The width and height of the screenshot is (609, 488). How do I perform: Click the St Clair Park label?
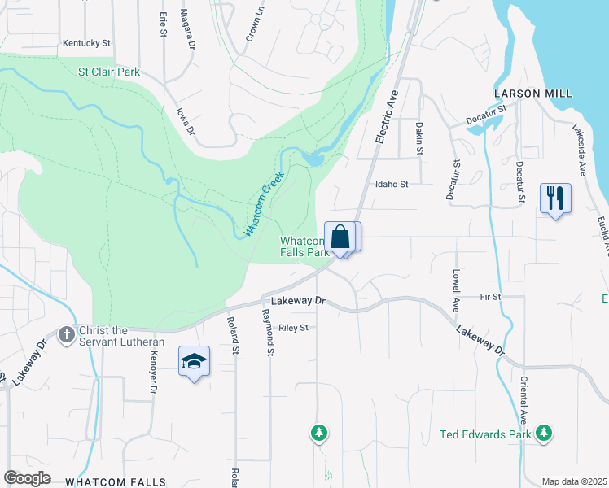[108, 72]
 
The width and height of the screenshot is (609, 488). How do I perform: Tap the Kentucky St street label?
[85, 42]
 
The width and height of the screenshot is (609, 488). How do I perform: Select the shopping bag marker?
[341, 237]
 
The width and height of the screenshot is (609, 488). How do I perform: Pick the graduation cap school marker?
[194, 361]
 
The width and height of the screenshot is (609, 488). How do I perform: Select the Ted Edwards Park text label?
[485, 434]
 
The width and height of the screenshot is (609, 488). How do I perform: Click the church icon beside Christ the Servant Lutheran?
[67, 333]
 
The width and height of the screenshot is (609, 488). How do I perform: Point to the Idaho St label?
[391, 185]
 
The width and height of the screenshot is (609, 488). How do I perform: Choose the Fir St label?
[490, 297]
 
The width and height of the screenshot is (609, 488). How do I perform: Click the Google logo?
[27, 478]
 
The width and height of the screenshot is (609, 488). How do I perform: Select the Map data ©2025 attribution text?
[574, 481]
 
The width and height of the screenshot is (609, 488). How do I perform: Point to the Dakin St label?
[419, 138]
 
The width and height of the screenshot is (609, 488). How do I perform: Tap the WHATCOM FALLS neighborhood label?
[115, 482]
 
